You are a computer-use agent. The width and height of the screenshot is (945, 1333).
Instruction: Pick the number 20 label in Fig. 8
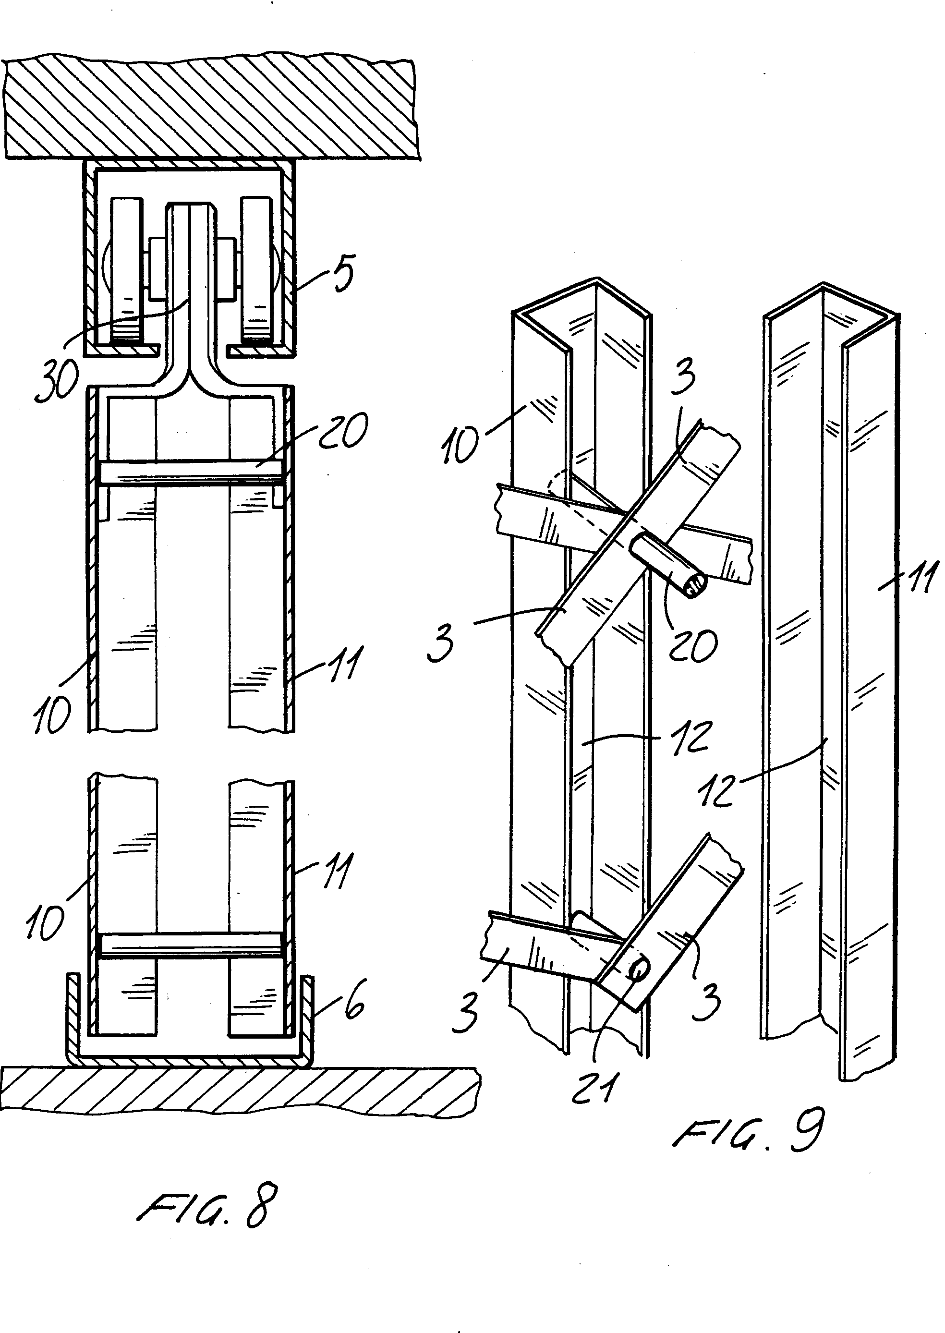pos(343,431)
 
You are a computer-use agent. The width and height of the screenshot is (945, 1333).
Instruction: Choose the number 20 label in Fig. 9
pos(692,645)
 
